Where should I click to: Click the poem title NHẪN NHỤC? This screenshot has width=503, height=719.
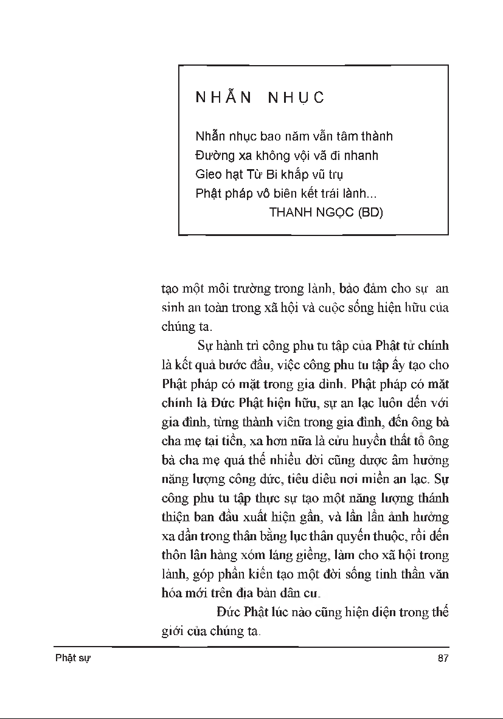[260, 98]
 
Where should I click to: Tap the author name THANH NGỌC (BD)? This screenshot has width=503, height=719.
[325, 213]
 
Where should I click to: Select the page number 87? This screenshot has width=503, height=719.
[443, 659]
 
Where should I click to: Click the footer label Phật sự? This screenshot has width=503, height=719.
[72, 659]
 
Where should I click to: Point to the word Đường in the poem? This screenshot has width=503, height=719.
[212, 156]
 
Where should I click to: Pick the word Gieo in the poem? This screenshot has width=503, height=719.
[209, 175]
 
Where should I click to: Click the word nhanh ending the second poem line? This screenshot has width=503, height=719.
[362, 156]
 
